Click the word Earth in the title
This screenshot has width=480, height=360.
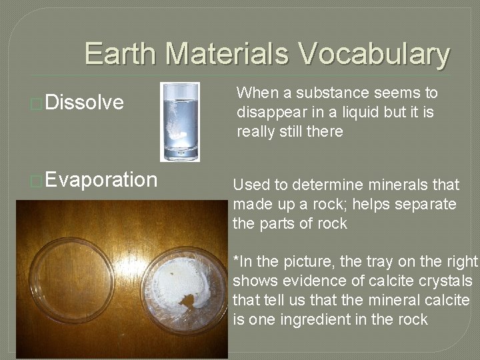[121, 54]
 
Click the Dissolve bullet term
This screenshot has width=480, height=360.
[85, 103]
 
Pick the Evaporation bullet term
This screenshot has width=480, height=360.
[102, 180]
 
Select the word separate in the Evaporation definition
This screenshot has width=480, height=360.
[426, 204]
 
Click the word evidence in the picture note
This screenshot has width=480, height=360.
[305, 281]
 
